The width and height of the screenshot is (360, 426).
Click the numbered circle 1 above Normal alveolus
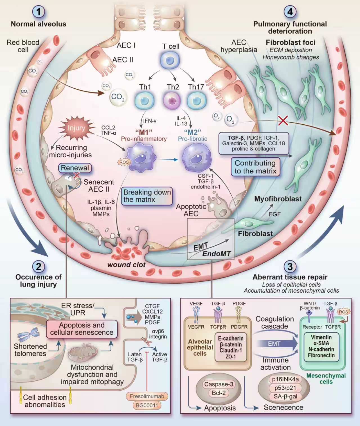[39, 12]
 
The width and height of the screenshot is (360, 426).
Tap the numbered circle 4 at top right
[290, 12]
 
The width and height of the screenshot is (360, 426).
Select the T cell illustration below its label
[170, 60]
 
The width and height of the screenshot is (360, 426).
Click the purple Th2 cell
[171, 100]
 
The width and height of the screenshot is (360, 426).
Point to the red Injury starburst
[76, 128]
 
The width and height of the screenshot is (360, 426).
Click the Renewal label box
[75, 168]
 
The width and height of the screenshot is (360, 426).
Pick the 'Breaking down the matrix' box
[147, 196]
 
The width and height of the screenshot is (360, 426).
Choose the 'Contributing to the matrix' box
[255, 167]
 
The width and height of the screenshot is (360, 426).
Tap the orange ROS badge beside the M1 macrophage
[124, 162]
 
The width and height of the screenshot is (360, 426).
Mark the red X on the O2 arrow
[283, 120]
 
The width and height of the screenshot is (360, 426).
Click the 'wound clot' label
[126, 265]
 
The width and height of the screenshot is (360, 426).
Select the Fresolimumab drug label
[147, 396]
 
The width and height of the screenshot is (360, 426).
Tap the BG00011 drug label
[147, 405]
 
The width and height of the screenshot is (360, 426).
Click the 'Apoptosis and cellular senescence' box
[82, 329]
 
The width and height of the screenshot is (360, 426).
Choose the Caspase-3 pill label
[219, 384]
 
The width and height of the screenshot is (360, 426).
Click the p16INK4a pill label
[285, 379]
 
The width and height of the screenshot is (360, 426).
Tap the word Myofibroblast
[278, 199]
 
